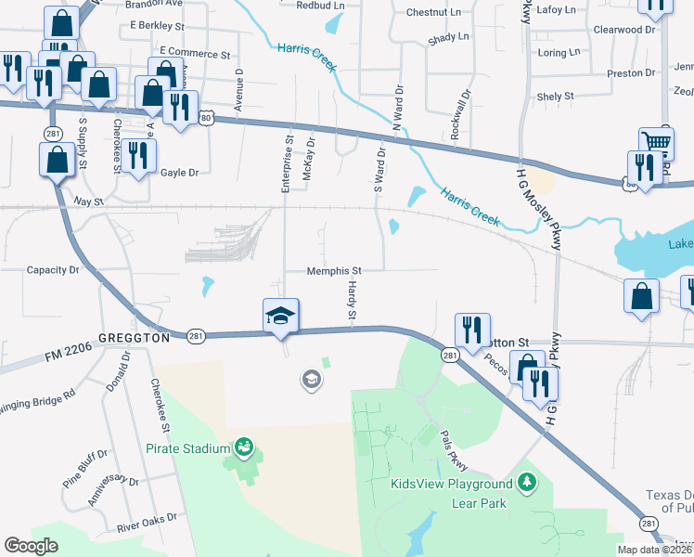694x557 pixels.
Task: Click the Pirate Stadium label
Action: tap(187, 448)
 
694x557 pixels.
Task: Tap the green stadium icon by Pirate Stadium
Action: tap(244, 447)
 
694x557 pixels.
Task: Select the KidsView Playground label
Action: tap(451, 484)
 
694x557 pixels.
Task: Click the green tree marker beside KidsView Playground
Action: tap(527, 482)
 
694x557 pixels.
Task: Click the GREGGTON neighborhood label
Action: tap(133, 339)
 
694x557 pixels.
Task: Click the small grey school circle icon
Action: tap(310, 378)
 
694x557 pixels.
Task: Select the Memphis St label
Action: tap(334, 271)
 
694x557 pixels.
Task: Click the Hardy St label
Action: tap(353, 303)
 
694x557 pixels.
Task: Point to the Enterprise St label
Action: tap(288, 164)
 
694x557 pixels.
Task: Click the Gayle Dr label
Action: tap(180, 173)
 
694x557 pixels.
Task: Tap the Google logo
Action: tap(32, 546)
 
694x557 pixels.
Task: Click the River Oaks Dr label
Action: tap(147, 522)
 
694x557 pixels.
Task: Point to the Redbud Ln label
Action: tap(319, 6)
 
